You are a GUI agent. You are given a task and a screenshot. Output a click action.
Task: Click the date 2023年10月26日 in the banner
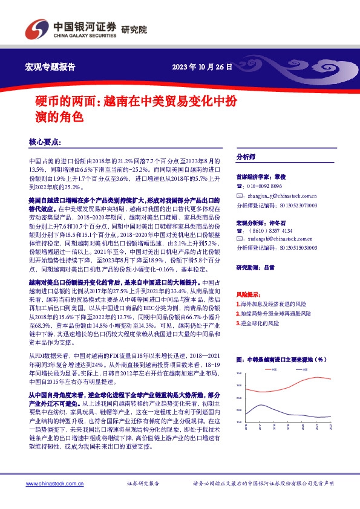[x=203, y=66]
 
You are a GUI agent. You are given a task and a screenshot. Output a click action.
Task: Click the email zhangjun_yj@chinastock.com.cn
[x=281, y=196]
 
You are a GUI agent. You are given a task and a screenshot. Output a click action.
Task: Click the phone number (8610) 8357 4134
[x=270, y=230]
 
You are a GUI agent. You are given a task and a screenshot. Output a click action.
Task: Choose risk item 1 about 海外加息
[x=273, y=304]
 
